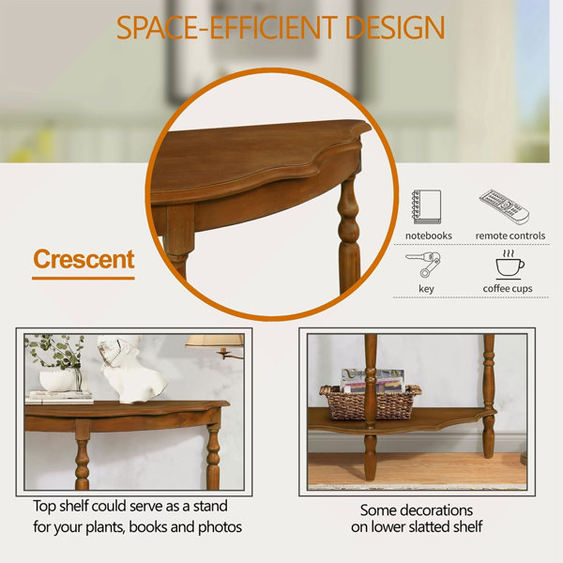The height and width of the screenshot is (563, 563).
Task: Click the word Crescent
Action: pyautogui.click(x=84, y=259)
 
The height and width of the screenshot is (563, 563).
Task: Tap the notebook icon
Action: pyautogui.click(x=427, y=206)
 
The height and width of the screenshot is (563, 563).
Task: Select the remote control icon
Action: pyautogui.click(x=504, y=206)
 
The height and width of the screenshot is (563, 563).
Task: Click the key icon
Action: pyautogui.click(x=423, y=265)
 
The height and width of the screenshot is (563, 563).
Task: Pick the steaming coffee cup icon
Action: pyautogui.click(x=509, y=265)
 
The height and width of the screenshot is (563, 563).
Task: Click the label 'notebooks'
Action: pyautogui.click(x=429, y=236)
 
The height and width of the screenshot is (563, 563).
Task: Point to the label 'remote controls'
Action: pyautogui.click(x=510, y=236)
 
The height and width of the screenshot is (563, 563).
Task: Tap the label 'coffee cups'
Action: pyautogui.click(x=508, y=289)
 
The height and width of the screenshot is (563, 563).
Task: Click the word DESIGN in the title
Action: pyautogui.click(x=395, y=27)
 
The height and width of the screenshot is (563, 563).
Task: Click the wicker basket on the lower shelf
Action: pyautogui.click(x=371, y=403)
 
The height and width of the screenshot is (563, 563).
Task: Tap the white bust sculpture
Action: pyautogui.click(x=131, y=369)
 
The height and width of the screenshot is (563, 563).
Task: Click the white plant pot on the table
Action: pyautogui.click(x=58, y=381)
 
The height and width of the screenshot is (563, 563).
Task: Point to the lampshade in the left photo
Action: pyautogui.click(x=215, y=341)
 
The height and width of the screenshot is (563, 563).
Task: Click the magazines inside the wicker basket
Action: pyautogui.click(x=373, y=381)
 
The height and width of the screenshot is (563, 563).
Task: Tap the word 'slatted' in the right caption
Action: pyautogui.click(x=422, y=526)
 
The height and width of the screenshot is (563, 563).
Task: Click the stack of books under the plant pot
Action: pyautogui.click(x=60, y=397)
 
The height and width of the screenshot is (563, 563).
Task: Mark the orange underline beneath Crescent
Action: pyautogui.click(x=84, y=279)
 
